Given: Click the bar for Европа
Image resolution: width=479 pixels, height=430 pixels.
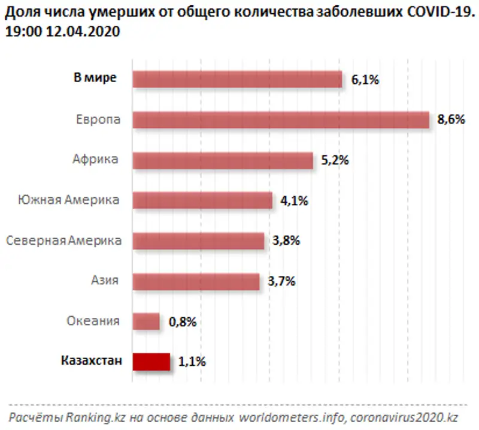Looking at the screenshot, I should click(280, 120).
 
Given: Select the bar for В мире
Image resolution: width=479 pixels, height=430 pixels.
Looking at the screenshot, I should click(237, 79).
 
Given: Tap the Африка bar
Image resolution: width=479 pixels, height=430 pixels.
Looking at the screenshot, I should click(222, 160).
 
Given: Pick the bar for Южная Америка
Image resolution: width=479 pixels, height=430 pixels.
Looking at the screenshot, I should click(202, 200).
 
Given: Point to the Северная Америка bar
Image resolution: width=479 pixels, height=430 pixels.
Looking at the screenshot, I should click(198, 240).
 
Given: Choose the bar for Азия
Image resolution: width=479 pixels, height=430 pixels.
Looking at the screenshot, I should click(196, 281).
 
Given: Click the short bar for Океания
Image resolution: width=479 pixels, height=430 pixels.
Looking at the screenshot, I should click(146, 321).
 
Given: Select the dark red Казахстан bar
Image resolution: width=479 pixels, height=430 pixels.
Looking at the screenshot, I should click(151, 362).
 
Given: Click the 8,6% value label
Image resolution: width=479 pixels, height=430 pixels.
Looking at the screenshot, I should click(451, 119).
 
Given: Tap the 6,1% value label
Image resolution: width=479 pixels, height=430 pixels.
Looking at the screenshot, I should click(365, 79).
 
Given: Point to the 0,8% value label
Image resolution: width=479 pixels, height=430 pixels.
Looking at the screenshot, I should click(183, 321).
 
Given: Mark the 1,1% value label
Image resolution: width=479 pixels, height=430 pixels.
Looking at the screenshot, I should click(192, 362).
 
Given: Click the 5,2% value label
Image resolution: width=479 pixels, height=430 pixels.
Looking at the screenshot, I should click(335, 160).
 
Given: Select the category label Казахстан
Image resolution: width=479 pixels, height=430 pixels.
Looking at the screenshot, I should click(92, 360).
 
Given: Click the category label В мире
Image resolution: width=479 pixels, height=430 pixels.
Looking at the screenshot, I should click(95, 78).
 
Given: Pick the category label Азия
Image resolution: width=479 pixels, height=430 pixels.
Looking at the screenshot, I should click(104, 280).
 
